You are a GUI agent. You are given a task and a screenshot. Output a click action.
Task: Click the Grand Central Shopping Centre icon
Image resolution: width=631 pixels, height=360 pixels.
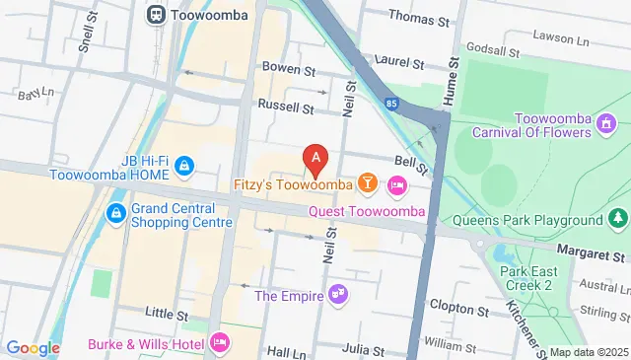(116, 212)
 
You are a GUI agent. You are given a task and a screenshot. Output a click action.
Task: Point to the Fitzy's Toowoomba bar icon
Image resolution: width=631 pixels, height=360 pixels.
(368, 182)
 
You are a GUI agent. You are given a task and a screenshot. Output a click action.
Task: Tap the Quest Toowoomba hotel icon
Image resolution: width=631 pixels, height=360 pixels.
(396, 184)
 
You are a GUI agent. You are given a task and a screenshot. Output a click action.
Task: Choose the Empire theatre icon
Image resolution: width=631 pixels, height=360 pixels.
(338, 292)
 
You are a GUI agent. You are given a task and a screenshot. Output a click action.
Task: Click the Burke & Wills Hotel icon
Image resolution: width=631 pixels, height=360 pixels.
(220, 343)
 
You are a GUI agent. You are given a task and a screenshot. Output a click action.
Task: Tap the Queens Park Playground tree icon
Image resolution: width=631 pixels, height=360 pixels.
(618, 218)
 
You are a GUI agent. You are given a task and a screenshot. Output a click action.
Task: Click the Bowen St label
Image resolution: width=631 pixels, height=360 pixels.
(288, 69)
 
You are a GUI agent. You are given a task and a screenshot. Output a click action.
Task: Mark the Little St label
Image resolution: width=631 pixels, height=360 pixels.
(166, 314)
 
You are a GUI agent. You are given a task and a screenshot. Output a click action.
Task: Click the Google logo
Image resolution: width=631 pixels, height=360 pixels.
(34, 347)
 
